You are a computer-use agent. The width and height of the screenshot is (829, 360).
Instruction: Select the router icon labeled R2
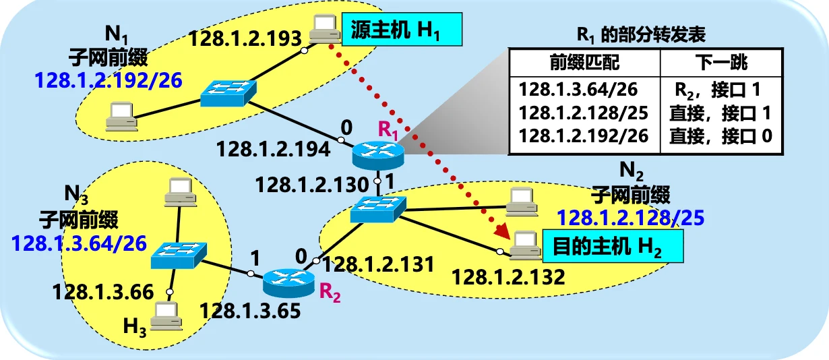pyautogui.click(x=288, y=282)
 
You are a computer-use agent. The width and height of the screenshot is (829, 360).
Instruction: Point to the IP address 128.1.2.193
pyautogui.click(x=245, y=38)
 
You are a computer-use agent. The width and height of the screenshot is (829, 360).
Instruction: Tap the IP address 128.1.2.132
pyautogui.click(x=508, y=276)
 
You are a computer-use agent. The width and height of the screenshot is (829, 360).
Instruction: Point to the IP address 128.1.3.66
pyautogui.click(x=103, y=292)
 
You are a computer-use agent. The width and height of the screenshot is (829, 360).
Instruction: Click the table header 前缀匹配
pyautogui.click(x=584, y=64)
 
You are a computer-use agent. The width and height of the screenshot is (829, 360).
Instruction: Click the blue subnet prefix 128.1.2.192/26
pyautogui.click(x=109, y=81)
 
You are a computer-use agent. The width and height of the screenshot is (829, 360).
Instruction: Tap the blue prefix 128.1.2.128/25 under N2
pyautogui.click(x=631, y=218)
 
